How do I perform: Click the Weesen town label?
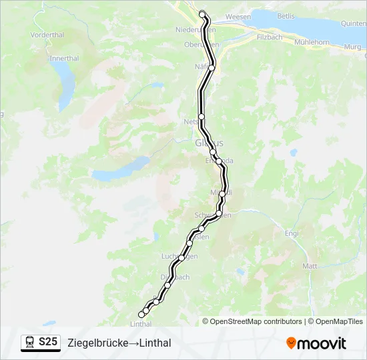coord(238,16)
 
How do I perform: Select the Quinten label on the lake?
coord(354,23)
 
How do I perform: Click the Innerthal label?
coord(65,58)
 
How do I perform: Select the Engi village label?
coord(292,233)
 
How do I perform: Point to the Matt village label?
coord(310,265)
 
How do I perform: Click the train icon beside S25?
coord(30,342)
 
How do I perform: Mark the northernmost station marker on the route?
coord(203,13)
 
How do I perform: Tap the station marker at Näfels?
coord(212,67)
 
